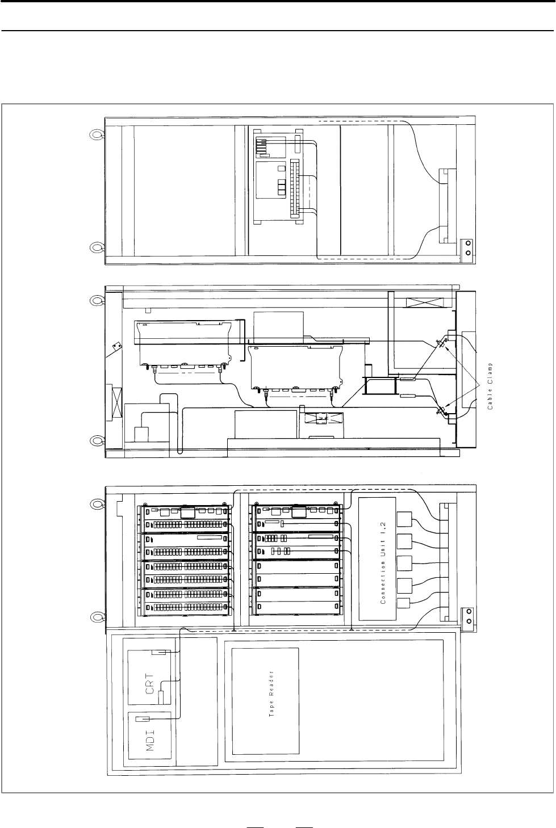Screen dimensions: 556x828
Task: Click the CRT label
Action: click(150, 684)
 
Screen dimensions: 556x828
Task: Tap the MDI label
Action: click(150, 741)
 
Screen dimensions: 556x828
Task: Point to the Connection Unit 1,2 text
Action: click(383, 562)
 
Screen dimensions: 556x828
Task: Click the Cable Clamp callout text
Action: click(490, 385)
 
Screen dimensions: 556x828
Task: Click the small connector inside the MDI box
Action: click(143, 719)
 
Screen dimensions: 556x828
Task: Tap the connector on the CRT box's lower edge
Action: click(161, 697)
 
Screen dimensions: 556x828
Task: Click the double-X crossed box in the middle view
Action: click(324, 418)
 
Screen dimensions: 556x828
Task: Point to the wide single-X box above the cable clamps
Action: click(425, 302)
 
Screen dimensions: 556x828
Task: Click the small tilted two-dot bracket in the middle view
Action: click(117, 346)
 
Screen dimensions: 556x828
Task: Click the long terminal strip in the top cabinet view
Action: click(295, 189)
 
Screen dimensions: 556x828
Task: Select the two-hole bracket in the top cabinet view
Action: click(468, 247)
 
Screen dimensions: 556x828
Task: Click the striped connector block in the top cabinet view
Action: click(262, 146)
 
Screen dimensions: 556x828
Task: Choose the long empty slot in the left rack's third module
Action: click(210, 537)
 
